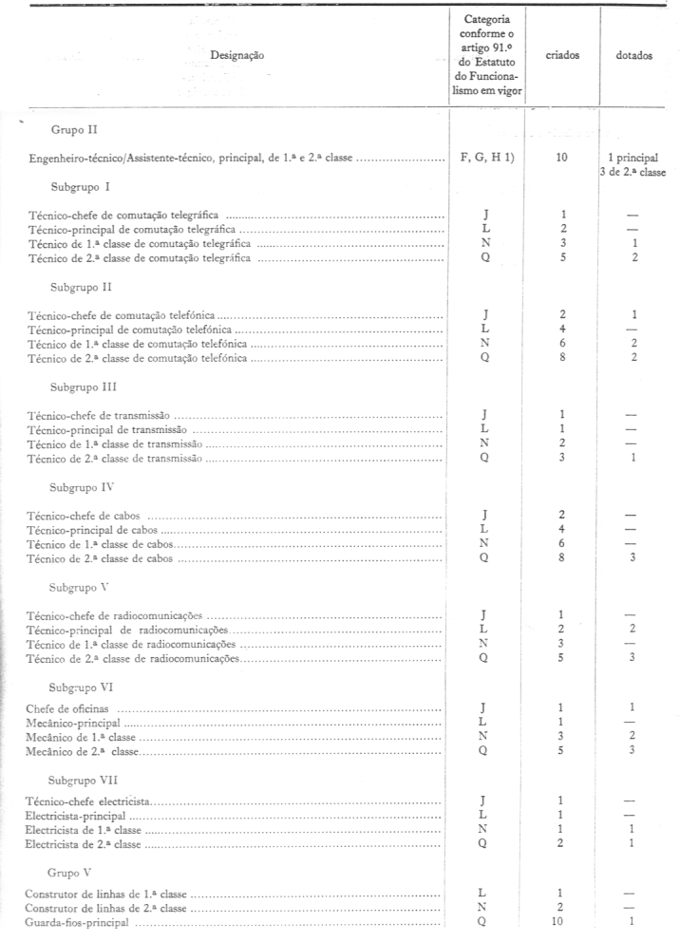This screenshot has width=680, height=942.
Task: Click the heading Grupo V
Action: pyautogui.click(x=68, y=871)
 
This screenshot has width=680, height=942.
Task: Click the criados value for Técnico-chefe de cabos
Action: pyautogui.click(x=563, y=515)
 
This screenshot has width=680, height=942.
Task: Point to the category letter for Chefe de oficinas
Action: pyautogui.click(x=485, y=709)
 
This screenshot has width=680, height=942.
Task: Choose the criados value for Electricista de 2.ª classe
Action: pyautogui.click(x=563, y=843)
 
